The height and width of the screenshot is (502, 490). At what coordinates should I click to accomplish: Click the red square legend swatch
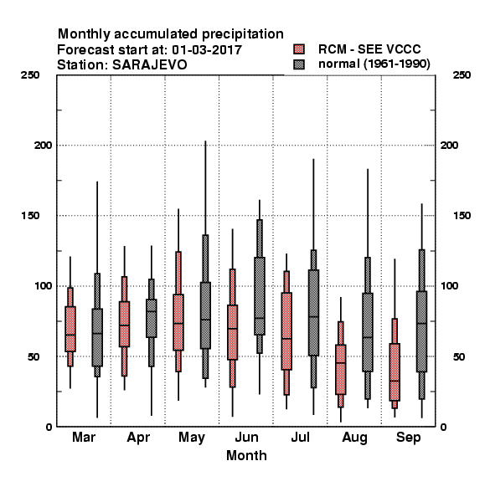(x=299, y=49)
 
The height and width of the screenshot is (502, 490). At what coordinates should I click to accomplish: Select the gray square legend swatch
(x=299, y=64)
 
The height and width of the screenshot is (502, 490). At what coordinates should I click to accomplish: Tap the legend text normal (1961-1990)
(x=374, y=64)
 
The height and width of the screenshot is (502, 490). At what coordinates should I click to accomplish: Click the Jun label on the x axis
(x=246, y=437)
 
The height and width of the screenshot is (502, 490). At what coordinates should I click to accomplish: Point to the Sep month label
(x=408, y=438)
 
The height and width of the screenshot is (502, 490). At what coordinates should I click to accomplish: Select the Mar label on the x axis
(x=84, y=437)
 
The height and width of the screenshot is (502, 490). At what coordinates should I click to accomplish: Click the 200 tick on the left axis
(x=43, y=146)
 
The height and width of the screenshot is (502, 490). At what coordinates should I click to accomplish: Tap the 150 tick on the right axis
(x=462, y=216)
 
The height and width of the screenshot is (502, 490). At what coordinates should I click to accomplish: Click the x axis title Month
(x=246, y=456)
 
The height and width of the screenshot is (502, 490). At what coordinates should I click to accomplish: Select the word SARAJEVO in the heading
(x=150, y=65)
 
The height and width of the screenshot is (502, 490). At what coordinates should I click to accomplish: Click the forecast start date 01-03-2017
(x=207, y=50)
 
